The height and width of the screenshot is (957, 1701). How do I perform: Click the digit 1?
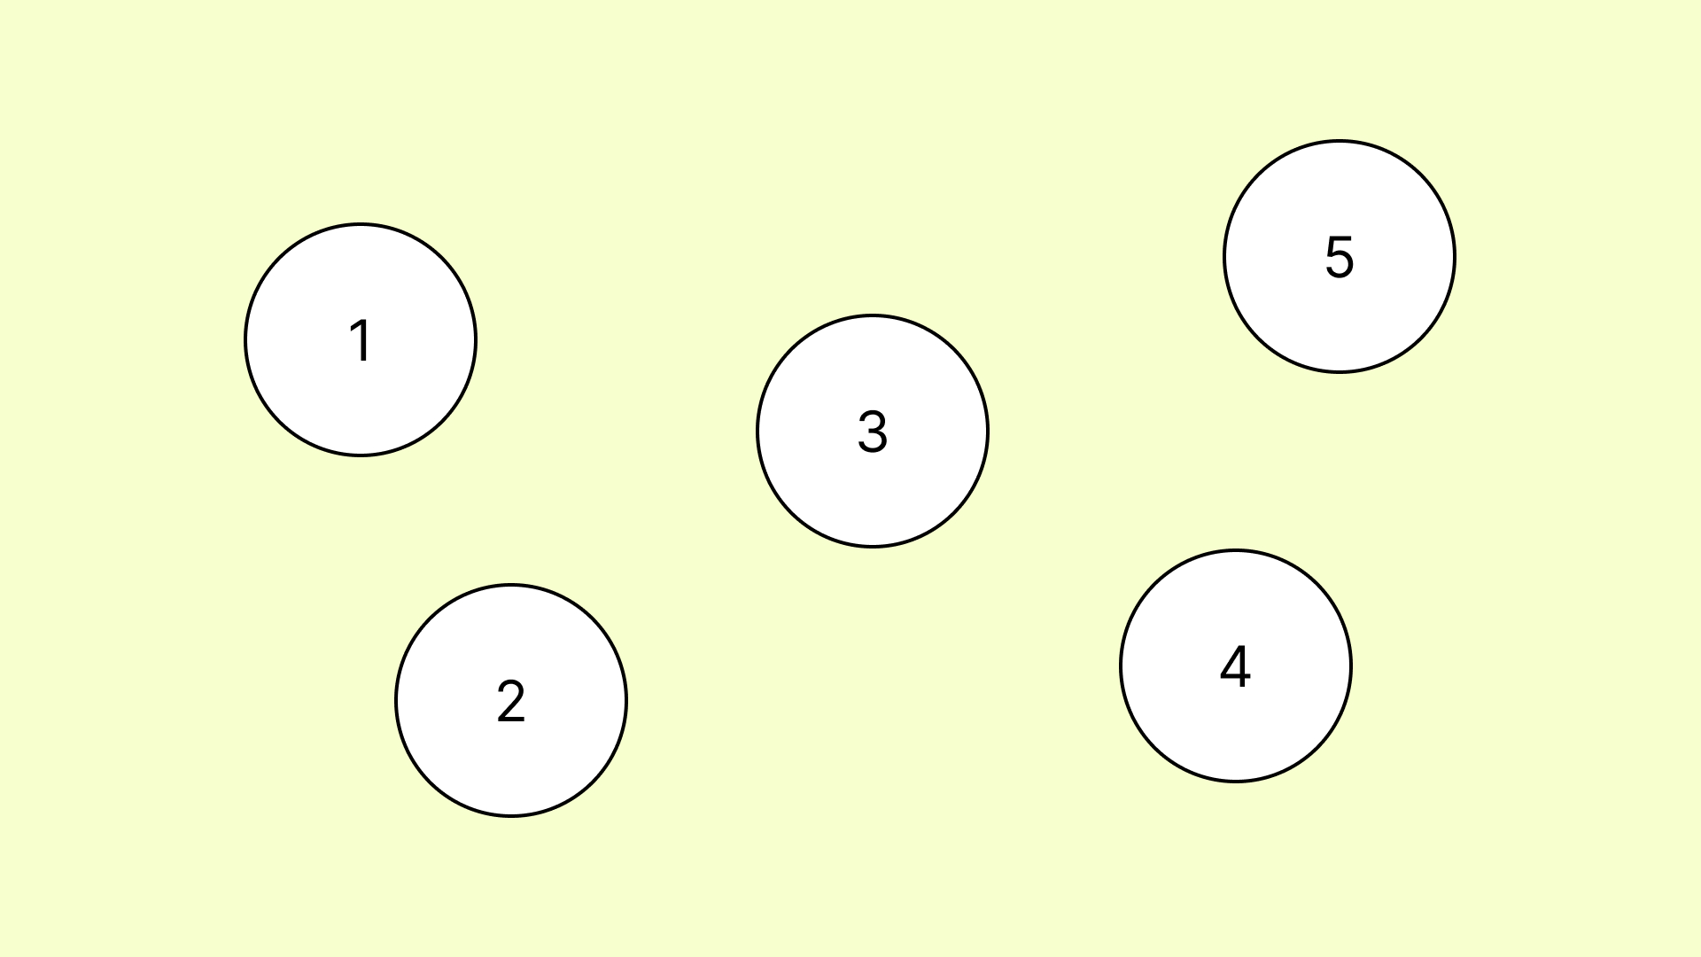[x=361, y=340]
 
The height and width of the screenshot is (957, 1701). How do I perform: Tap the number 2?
[x=511, y=701]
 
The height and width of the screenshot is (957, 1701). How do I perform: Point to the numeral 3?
[x=873, y=432]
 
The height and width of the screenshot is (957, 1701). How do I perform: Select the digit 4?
[x=1236, y=665]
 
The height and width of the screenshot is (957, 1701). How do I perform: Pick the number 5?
[x=1340, y=257]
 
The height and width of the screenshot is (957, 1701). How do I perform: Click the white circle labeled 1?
[x=361, y=340]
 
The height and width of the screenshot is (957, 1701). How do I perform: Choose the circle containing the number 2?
[x=511, y=701]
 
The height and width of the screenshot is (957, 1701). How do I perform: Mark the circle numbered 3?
[x=873, y=432]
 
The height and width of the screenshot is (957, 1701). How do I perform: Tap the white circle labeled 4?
[x=1236, y=666]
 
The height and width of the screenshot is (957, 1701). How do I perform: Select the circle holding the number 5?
[x=1340, y=257]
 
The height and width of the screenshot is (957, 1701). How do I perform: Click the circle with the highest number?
[x=1340, y=257]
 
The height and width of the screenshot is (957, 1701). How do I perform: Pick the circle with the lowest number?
[x=361, y=340]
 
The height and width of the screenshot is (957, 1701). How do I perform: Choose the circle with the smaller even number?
[x=511, y=701]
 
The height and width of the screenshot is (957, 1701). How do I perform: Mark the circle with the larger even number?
[x=1236, y=666]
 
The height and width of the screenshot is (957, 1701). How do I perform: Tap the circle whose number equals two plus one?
[x=873, y=432]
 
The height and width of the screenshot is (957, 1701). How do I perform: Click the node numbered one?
[x=361, y=340]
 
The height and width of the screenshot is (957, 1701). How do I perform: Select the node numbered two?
[x=511, y=701]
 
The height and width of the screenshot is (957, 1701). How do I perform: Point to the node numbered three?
[x=873, y=432]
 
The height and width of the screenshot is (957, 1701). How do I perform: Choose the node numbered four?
[x=1236, y=666]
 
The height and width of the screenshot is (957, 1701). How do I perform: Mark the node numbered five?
[x=1340, y=257]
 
